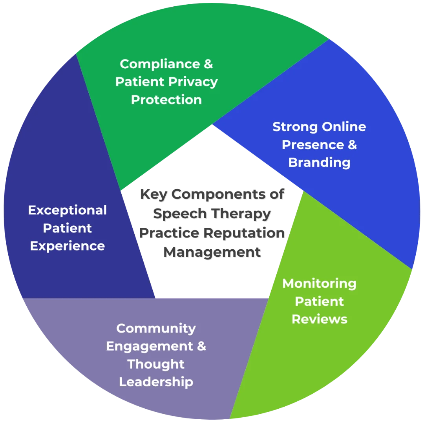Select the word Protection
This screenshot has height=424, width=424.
[x=166, y=100]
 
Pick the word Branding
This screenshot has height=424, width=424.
[x=319, y=163]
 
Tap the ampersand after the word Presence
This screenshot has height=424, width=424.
[x=353, y=145]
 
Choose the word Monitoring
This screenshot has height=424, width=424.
[x=319, y=283]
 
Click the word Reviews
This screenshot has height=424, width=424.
[x=319, y=319]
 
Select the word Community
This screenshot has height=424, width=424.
[x=156, y=328]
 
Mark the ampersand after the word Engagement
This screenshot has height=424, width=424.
[x=201, y=346]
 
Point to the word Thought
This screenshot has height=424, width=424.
[x=156, y=364]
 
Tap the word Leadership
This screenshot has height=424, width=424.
[x=156, y=382]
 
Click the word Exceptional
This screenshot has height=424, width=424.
[x=67, y=210]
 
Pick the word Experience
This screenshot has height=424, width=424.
[x=67, y=246]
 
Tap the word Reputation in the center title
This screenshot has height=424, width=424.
[x=245, y=233]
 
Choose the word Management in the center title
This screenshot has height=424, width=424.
[x=212, y=252]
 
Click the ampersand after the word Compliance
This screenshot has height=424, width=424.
[x=208, y=64]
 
